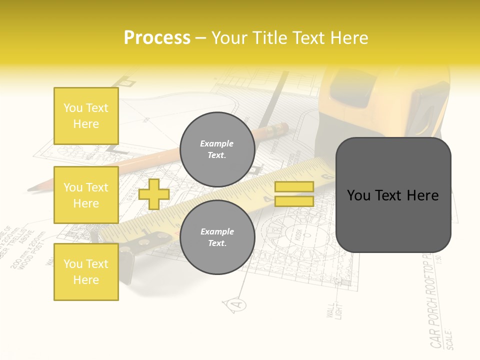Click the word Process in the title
[x=157, y=38]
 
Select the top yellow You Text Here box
[x=86, y=116]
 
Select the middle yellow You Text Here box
[x=86, y=195]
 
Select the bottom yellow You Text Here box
[x=86, y=272]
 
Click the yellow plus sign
[x=153, y=194]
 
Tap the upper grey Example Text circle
[x=217, y=149]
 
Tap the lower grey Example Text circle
[x=217, y=237]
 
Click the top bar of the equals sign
[x=294, y=186]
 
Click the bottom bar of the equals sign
[x=294, y=201]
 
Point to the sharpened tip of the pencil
[x=31, y=189]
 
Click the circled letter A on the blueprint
[x=238, y=303]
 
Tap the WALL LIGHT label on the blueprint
[x=332, y=310]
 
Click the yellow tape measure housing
[x=380, y=100]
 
